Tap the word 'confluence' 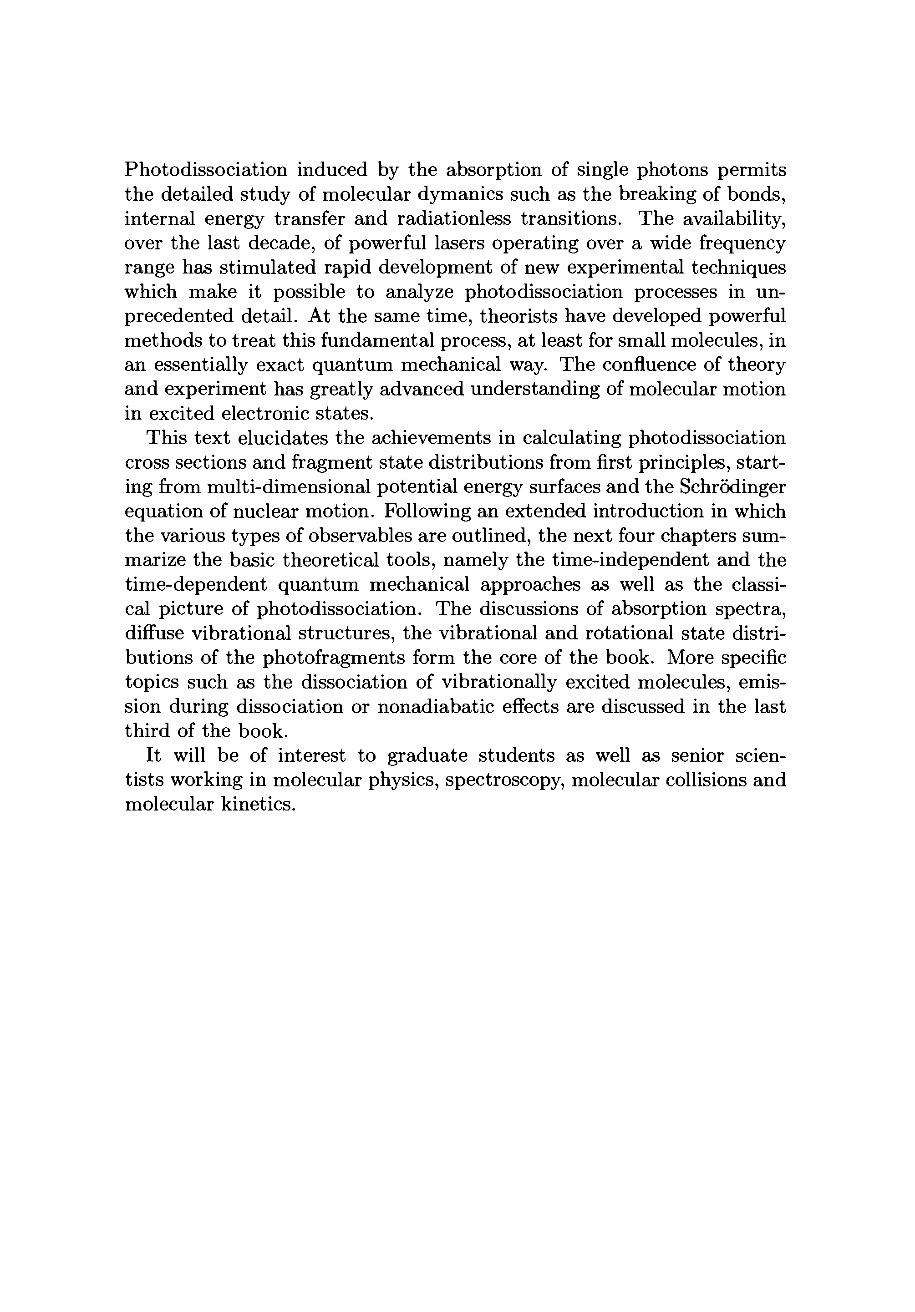tap(643, 365)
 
